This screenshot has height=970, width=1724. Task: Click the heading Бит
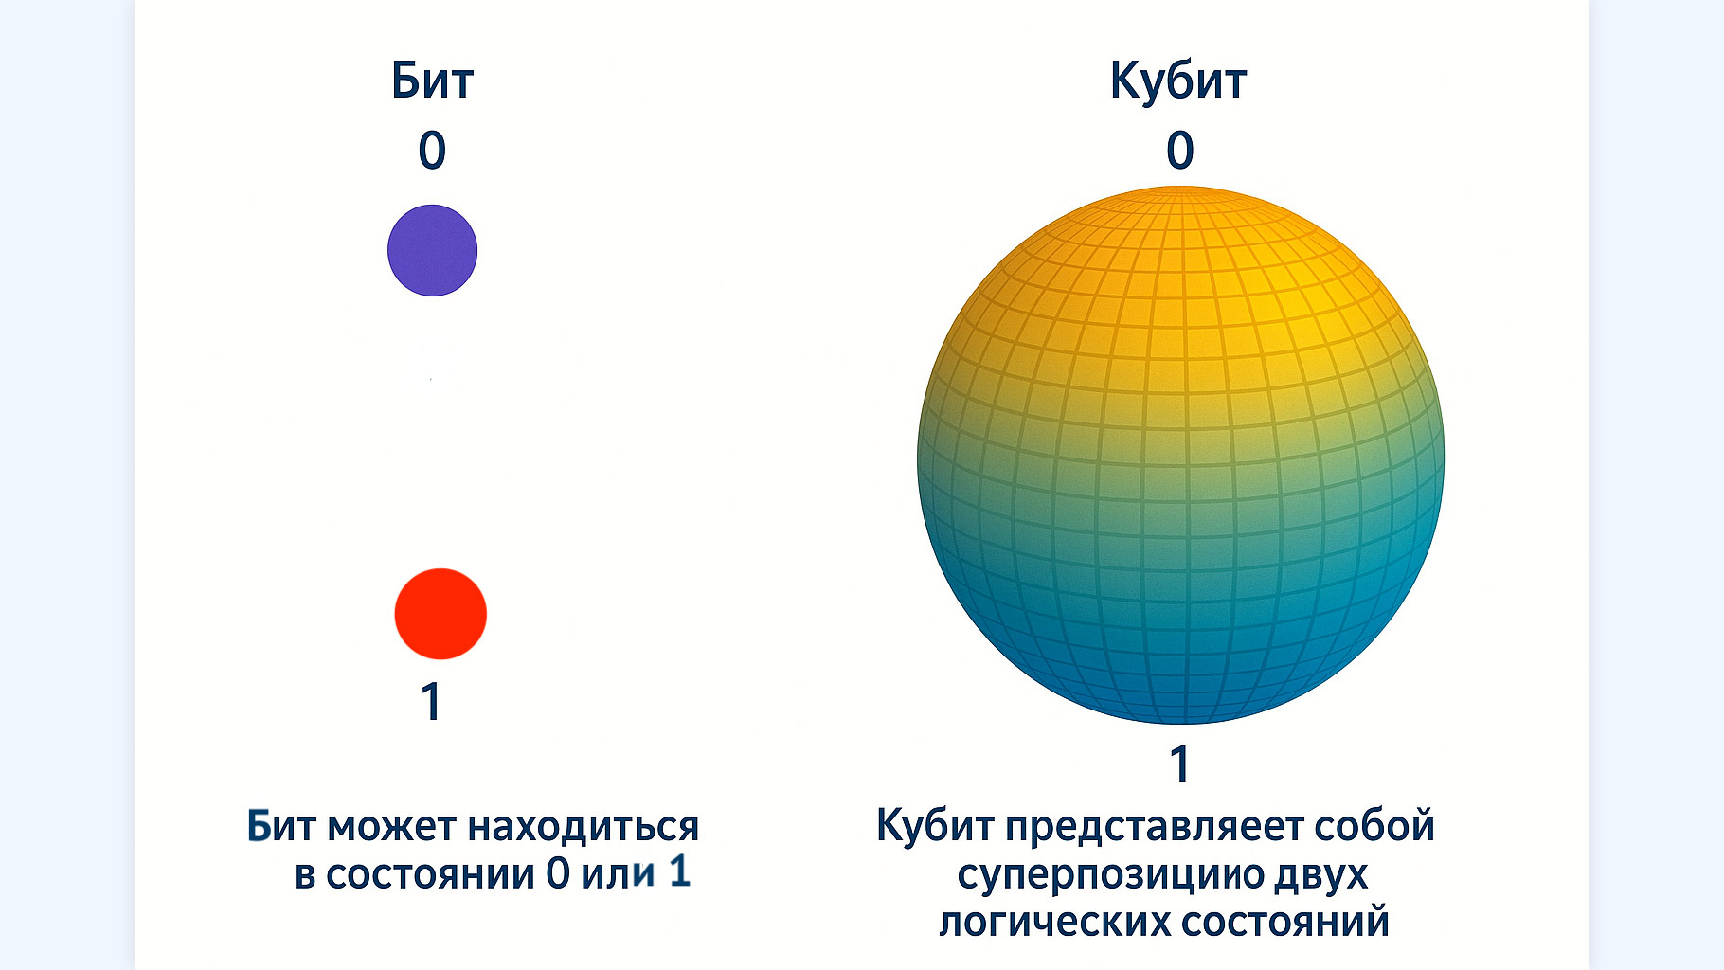coord(432,81)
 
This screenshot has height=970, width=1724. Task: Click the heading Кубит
coord(1178,81)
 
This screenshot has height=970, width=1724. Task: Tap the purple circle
coord(432,250)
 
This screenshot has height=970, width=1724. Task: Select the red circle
coord(440,614)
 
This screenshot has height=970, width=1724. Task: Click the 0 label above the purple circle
coord(432,150)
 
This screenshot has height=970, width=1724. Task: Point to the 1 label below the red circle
coord(431,702)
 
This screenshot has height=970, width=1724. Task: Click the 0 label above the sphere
coord(1180,150)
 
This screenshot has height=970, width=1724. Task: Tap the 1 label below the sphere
coord(1179,764)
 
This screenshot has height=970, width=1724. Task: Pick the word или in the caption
coord(618,874)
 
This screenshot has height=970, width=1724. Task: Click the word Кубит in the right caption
coord(935,826)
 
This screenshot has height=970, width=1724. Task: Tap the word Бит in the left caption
coord(282,826)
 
